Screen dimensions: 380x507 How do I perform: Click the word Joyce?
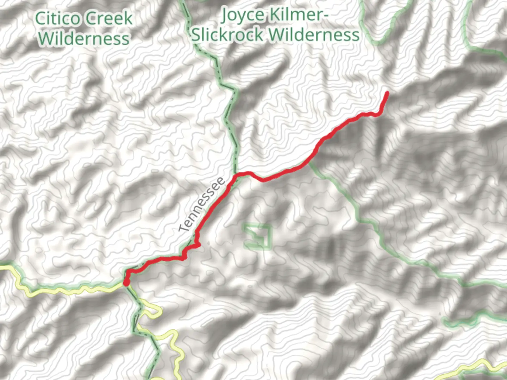[x=243, y=15]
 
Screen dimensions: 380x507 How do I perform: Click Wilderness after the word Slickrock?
[x=314, y=35]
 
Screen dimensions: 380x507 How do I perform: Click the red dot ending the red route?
[x=126, y=283]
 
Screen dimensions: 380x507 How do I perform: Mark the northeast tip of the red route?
[x=387, y=93]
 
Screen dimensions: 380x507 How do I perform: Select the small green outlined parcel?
[x=258, y=236]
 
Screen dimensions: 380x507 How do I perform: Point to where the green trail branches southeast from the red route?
[x=309, y=162]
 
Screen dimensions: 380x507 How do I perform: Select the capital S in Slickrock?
[x=196, y=35]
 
